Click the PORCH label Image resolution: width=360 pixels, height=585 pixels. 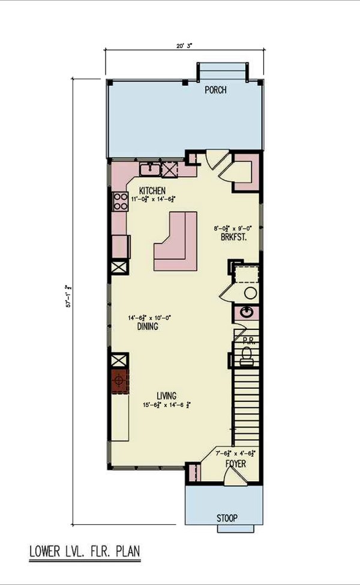click(215, 91)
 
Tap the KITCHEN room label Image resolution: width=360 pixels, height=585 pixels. click(152, 191)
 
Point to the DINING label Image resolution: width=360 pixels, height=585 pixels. click(147, 327)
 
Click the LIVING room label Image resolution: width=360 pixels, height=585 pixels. click(166, 396)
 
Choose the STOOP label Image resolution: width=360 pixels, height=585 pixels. click(227, 518)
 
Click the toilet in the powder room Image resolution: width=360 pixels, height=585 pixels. click(246, 358)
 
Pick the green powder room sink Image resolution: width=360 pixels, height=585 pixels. click(246, 313)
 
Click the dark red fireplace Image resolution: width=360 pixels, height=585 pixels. click(119, 380)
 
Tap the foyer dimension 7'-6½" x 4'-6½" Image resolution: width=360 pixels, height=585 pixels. click(236, 454)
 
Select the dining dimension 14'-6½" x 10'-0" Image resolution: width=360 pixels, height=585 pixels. click(149, 318)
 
